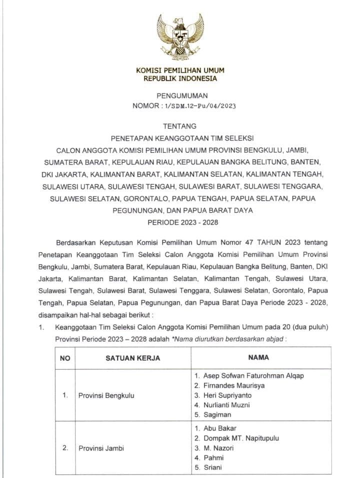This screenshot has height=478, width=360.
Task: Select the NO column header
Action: (x=65, y=358)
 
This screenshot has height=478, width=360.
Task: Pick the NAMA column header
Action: (x=258, y=358)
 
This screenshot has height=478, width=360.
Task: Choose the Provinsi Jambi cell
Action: (x=100, y=448)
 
